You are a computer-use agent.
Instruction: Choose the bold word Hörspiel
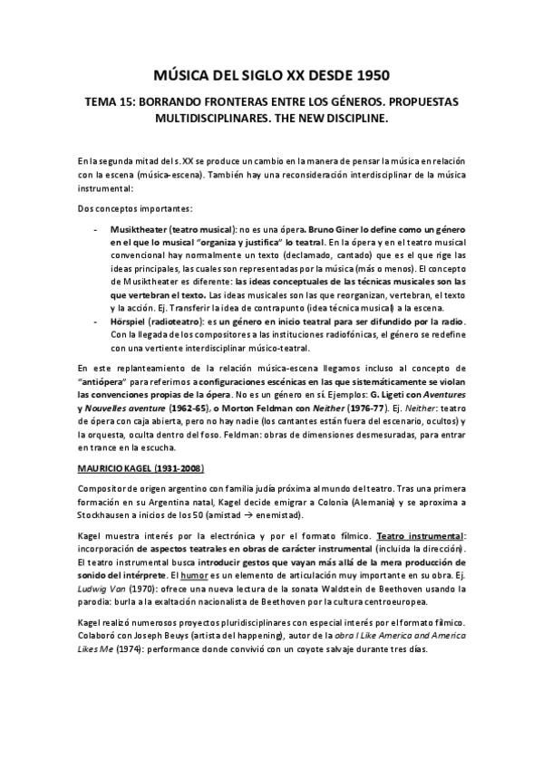(x=129, y=323)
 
